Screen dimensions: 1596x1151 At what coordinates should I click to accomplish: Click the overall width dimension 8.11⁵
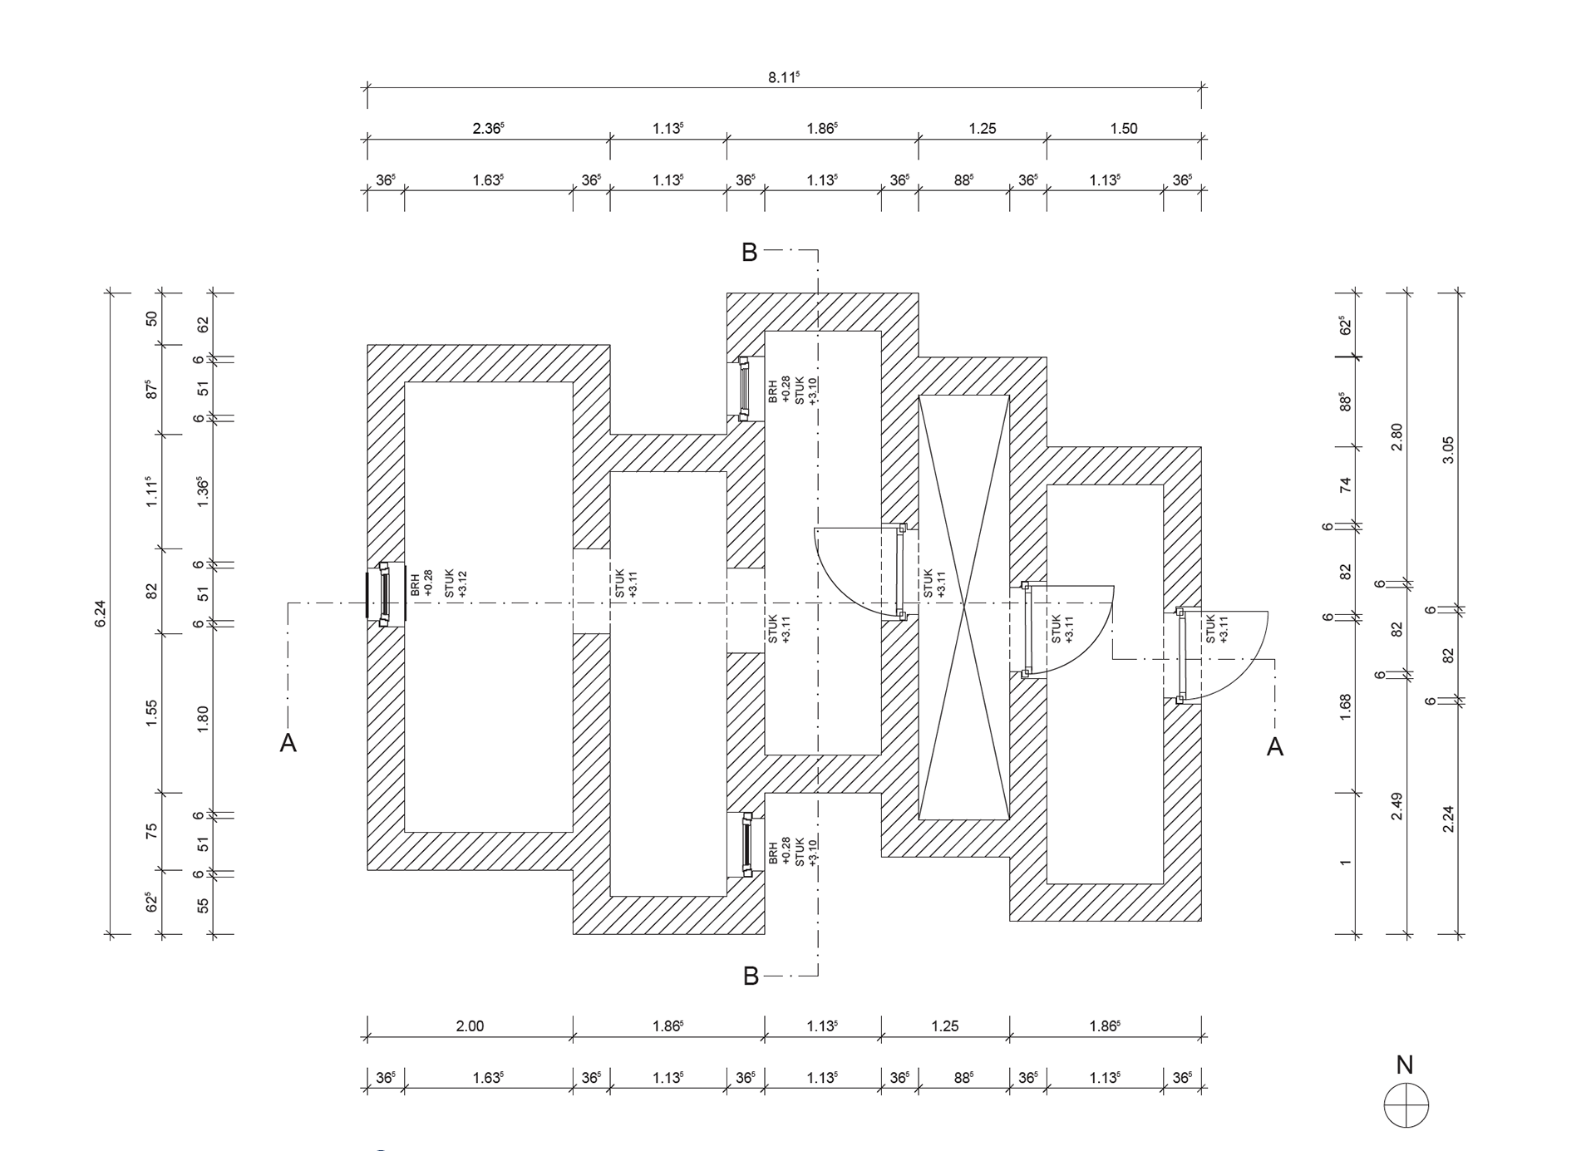[x=783, y=77]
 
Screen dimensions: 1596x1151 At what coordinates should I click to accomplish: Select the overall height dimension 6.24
[x=101, y=613]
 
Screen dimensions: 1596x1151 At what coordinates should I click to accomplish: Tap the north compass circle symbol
[x=1406, y=1105]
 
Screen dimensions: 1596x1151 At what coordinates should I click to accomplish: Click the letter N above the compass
[x=1405, y=1065]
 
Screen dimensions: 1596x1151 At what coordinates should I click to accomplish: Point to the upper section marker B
[x=749, y=253]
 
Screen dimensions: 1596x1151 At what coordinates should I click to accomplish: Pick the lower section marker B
[x=751, y=976]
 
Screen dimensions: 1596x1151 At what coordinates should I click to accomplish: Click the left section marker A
[x=288, y=743]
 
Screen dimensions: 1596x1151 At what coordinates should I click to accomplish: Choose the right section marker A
[x=1274, y=747]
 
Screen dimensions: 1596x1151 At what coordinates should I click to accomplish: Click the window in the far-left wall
[x=384, y=594]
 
